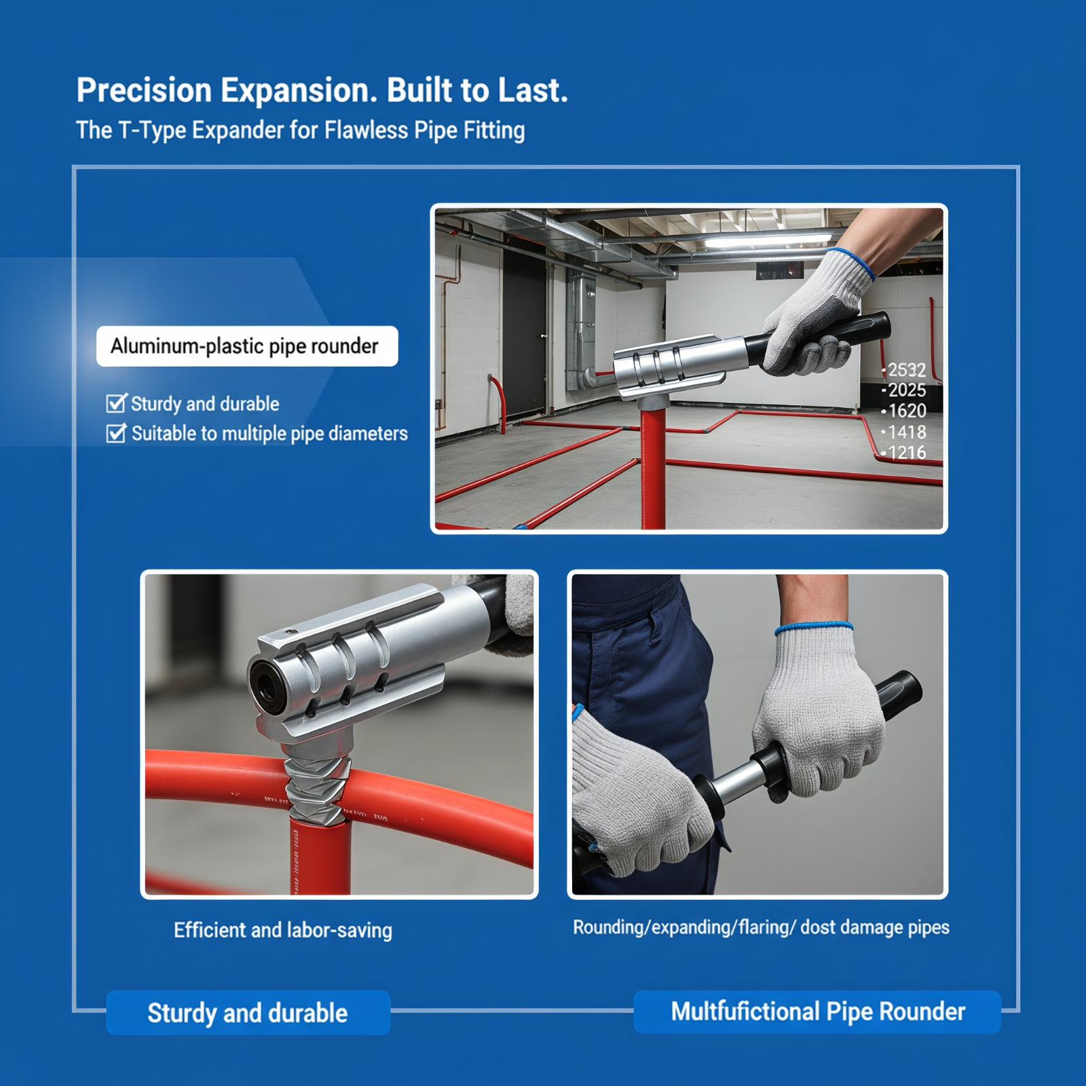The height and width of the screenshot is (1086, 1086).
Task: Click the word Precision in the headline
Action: click(144, 91)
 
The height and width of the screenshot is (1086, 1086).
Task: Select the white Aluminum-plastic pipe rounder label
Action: click(247, 346)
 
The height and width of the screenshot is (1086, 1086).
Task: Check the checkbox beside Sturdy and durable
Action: click(116, 403)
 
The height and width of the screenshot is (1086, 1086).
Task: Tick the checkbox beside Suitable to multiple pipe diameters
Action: click(116, 433)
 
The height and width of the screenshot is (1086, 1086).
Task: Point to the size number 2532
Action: click(906, 370)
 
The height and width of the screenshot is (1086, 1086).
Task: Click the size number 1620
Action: click(906, 411)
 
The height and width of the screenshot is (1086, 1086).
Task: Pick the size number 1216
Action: click(906, 452)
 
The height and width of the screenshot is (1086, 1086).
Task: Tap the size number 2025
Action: click(906, 390)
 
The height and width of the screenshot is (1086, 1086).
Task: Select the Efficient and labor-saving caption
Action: click(283, 930)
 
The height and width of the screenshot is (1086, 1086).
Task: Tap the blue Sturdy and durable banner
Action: click(248, 1013)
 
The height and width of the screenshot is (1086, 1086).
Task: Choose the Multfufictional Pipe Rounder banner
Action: click(817, 1011)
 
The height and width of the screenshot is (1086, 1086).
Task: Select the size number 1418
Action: click(906, 432)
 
